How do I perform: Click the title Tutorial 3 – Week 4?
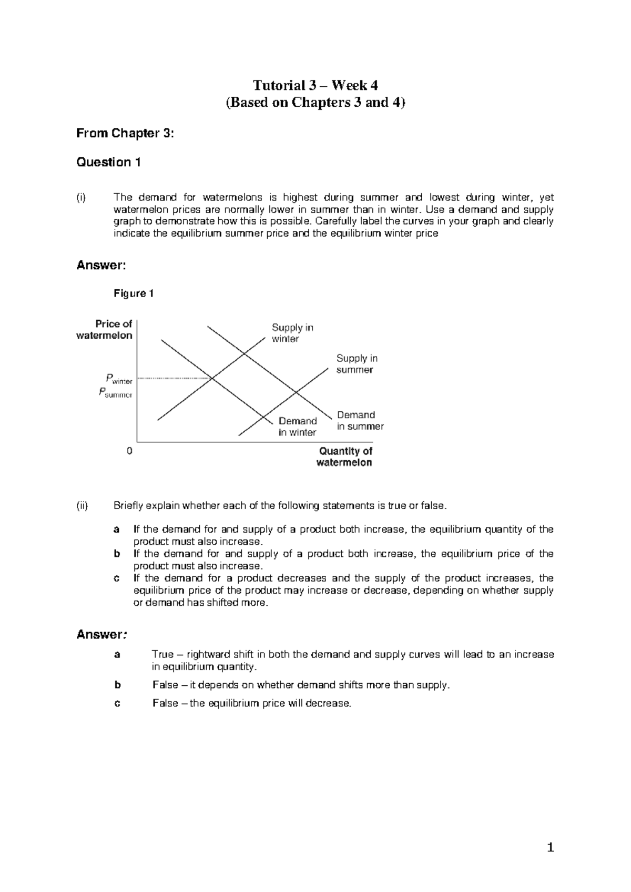tap(315, 85)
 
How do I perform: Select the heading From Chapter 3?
tap(125, 134)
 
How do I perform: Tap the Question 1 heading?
tap(108, 163)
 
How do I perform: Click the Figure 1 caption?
tap(134, 293)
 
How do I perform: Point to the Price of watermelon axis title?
tap(105, 330)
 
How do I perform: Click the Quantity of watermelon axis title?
tap(344, 457)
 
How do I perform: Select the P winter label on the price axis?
tap(118, 379)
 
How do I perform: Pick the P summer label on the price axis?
tap(116, 392)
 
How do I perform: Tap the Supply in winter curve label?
tap(292, 333)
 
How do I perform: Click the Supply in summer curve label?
tap(357, 364)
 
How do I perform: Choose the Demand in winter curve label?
tap(297, 427)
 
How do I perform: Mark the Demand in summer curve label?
tap(360, 421)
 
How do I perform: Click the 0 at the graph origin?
tap(130, 451)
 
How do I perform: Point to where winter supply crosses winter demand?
tap(211, 378)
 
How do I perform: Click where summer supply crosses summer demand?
tap(296, 392)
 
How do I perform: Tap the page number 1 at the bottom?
tap(550, 847)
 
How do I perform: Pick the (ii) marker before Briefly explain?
tap(82, 506)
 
